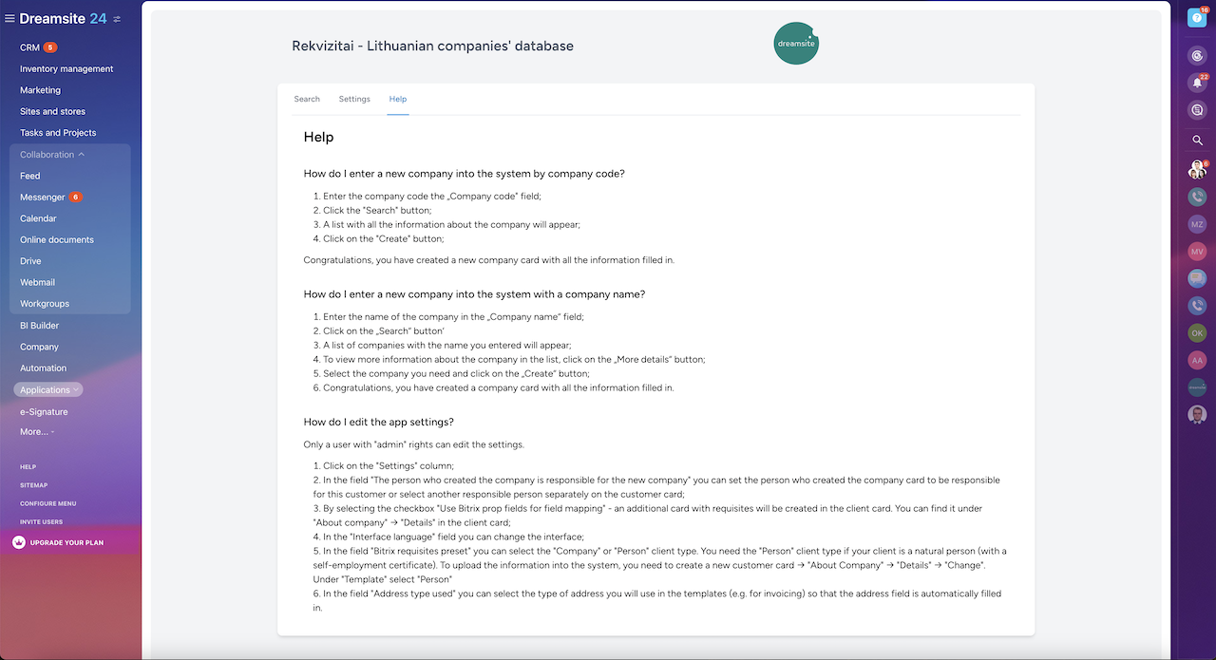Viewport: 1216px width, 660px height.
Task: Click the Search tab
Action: tap(307, 99)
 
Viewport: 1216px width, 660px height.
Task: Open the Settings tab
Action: tap(354, 99)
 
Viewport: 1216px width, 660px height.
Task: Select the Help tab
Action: tap(398, 99)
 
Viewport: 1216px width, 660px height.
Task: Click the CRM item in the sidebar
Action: tap(30, 47)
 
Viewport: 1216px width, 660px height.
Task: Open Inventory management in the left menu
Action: tap(66, 69)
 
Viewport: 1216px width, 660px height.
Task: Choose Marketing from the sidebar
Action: tap(40, 90)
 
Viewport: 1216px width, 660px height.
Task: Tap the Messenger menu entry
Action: tap(43, 198)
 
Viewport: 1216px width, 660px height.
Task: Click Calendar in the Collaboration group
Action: tap(38, 218)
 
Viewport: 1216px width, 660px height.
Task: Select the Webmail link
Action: tap(37, 282)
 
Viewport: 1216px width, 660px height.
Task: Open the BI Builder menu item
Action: tap(40, 326)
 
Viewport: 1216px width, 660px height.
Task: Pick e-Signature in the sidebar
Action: tap(44, 412)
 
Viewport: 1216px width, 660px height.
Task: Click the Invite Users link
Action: tap(41, 521)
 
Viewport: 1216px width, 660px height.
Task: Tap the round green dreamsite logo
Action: tap(796, 44)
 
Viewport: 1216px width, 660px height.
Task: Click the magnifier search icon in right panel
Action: tap(1197, 140)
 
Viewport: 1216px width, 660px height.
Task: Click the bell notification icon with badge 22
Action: tap(1197, 83)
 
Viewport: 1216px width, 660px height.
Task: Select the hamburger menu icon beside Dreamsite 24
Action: tap(9, 19)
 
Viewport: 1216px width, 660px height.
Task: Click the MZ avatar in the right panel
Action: tap(1197, 224)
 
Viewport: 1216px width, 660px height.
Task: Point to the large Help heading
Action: tap(318, 137)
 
